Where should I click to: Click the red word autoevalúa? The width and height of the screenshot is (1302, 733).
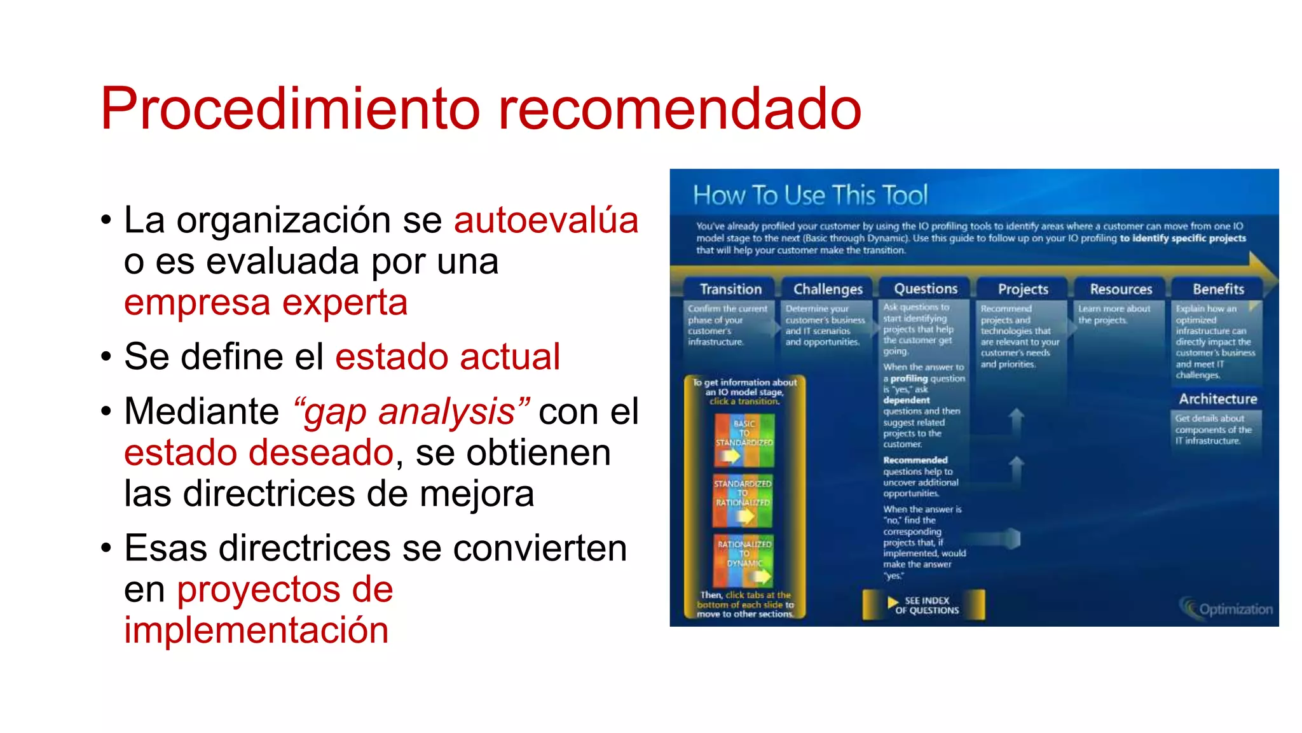tap(545, 220)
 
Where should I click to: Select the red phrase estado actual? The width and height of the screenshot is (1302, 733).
tap(447, 356)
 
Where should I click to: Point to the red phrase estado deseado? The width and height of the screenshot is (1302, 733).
tap(259, 452)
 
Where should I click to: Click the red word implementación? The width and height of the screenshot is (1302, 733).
tap(256, 630)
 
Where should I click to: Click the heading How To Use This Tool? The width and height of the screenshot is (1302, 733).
tap(810, 195)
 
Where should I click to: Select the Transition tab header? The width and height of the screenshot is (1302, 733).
tap(730, 290)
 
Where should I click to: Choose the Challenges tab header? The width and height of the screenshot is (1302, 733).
tap(828, 290)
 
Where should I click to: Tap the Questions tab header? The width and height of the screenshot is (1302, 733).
tap(926, 289)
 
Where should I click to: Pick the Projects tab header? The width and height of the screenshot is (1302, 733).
tap(1023, 290)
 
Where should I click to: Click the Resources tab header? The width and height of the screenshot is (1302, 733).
tap(1121, 290)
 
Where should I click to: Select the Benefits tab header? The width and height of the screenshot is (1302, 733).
tap(1218, 290)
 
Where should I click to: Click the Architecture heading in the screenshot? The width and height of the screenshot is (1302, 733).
tap(1217, 400)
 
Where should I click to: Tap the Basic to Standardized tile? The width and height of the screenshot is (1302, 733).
tap(744, 440)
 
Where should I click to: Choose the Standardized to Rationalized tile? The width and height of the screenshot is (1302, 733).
tap(743, 500)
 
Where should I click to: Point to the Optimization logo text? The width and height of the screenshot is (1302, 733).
tap(1235, 609)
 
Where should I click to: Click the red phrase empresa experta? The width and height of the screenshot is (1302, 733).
tap(265, 302)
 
